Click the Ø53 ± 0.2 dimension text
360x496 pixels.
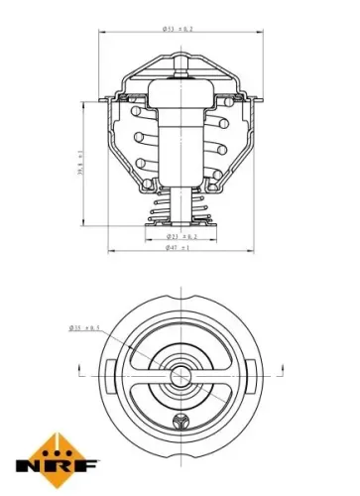click(x=180, y=31)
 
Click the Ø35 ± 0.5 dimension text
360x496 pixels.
click(x=88, y=326)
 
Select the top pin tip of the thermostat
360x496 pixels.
click(x=179, y=60)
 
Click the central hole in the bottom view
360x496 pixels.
click(x=180, y=376)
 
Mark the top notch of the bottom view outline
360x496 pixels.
click(x=180, y=296)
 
